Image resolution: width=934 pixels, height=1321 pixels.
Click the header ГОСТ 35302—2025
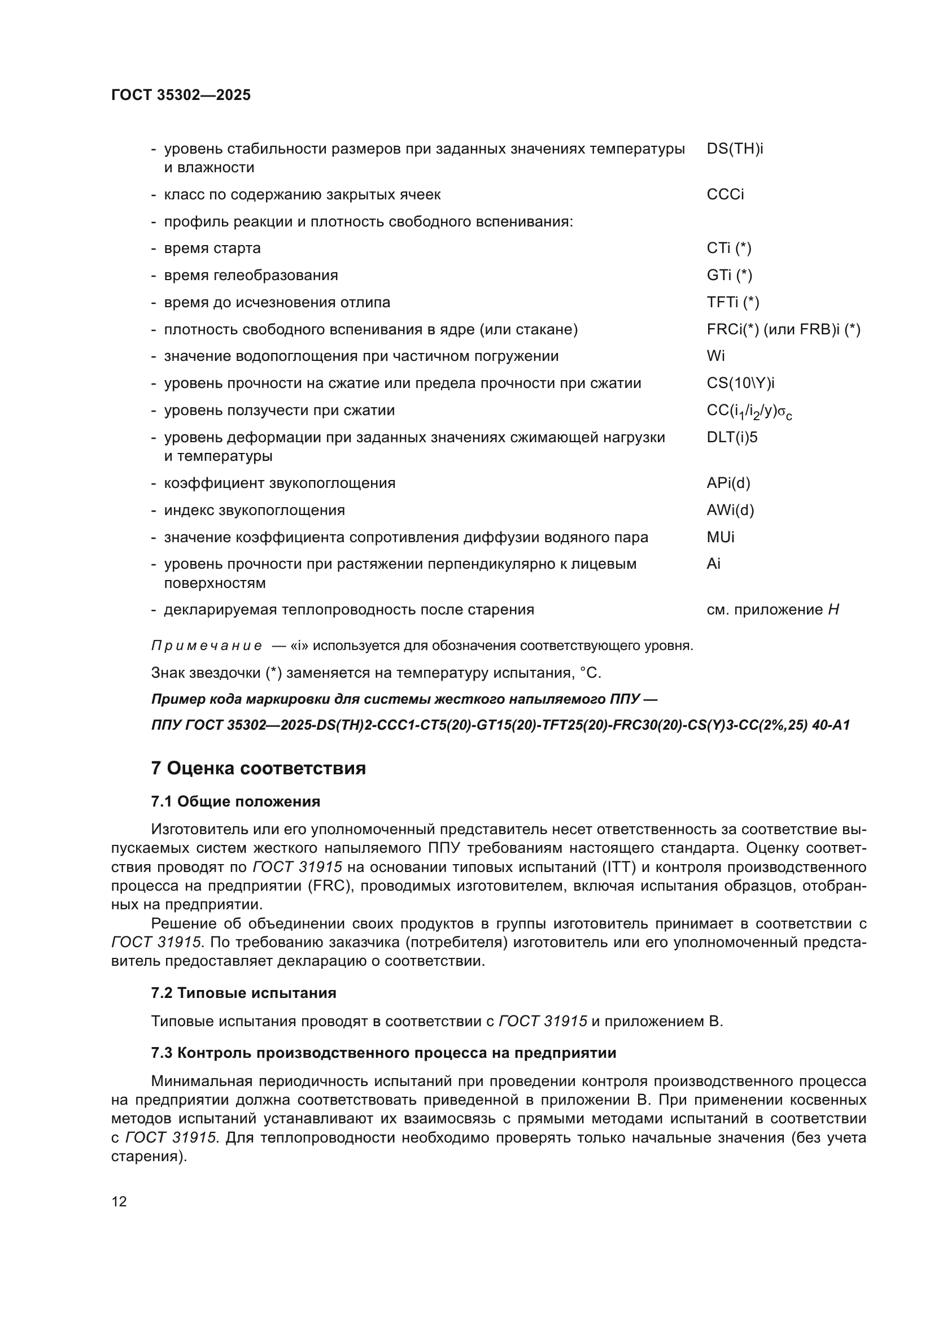pos(181,95)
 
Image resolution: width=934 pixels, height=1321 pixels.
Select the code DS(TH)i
pos(735,149)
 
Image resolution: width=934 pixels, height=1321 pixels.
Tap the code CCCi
pos(724,194)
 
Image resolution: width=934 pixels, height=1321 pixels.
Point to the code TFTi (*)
pos(733,302)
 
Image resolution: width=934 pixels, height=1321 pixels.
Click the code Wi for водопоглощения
pos(715,356)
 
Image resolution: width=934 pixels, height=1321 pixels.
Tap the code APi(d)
pos(728,483)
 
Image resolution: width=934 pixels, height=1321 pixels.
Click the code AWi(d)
pos(730,511)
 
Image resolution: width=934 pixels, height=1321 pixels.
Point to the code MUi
pos(720,537)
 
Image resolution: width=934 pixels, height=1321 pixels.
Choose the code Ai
pos(713,564)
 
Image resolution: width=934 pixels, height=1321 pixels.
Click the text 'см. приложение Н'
pos(772,610)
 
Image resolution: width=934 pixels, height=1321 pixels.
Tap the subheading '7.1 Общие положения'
pos(235,801)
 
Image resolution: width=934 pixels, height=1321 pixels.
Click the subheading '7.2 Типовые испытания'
pos(243,993)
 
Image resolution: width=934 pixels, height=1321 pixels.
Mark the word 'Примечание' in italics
pos(207,646)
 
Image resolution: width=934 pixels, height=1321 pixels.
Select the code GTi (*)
pos(729,275)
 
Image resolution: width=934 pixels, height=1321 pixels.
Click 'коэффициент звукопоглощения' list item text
pos(280,483)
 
